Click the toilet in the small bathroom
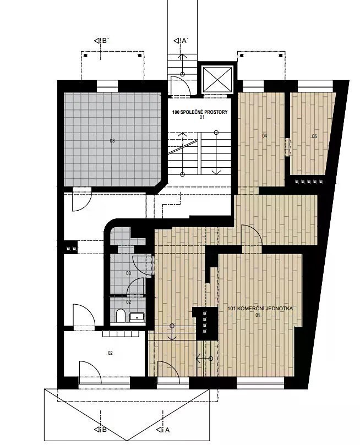pyautogui.click(x=121, y=316)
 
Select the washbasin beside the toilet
pyautogui.click(x=137, y=317)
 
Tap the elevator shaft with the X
pyautogui.click(x=217, y=80)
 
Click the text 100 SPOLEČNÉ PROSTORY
pyautogui.click(x=200, y=112)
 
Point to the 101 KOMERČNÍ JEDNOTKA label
pyautogui.click(x=260, y=308)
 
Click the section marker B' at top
pyautogui.click(x=101, y=41)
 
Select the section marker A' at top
pyautogui.click(x=181, y=41)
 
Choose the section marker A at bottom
pyautogui.click(x=163, y=430)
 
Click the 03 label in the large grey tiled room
pyautogui.click(x=112, y=140)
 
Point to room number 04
pyautogui.click(x=265, y=136)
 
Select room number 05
pyautogui.click(x=314, y=136)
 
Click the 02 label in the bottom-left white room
pyautogui.click(x=111, y=353)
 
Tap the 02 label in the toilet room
pyautogui.click(x=129, y=302)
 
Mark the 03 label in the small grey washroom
pyautogui.click(x=129, y=273)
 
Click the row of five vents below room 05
pyautogui.click(x=309, y=182)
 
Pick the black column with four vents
pyautogui.click(x=205, y=323)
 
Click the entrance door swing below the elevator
pyautogui.click(x=180, y=86)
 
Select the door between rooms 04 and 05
pyautogui.click(x=287, y=147)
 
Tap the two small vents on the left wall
pyautogui.click(x=72, y=249)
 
